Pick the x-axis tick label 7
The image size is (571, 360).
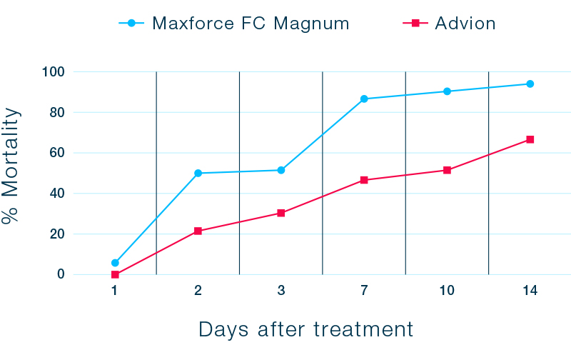pyautogui.click(x=364, y=291)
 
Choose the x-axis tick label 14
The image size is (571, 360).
pyautogui.click(x=530, y=291)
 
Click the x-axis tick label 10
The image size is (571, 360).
pyautogui.click(x=447, y=291)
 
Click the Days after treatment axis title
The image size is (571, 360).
pyautogui.click(x=305, y=329)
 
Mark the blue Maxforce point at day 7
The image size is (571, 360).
pyautogui.click(x=364, y=99)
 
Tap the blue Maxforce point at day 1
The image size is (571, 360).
pyautogui.click(x=115, y=263)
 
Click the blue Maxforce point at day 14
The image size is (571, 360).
pyautogui.click(x=530, y=84)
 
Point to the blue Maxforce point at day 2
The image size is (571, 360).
pyautogui.click(x=198, y=173)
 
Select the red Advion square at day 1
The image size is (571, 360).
pyautogui.click(x=115, y=274)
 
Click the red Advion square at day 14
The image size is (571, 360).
pyautogui.click(x=530, y=139)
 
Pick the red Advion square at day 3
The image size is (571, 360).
pyautogui.click(x=281, y=213)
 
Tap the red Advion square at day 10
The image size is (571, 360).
pyautogui.click(x=447, y=170)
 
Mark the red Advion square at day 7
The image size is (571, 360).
pyautogui.click(x=364, y=180)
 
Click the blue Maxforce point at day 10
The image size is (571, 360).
pyautogui.click(x=447, y=91)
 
